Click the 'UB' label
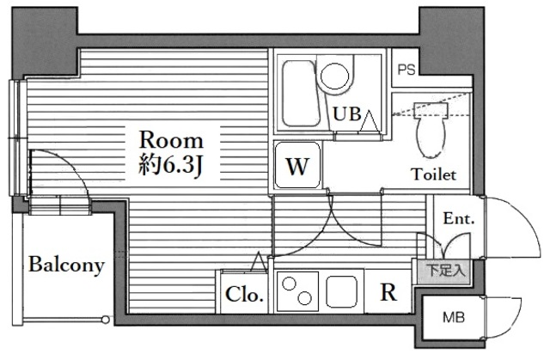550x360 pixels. click(x=347, y=113)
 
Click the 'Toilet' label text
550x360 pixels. click(x=432, y=174)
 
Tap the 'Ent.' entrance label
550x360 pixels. click(x=459, y=219)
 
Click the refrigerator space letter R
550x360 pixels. click(x=388, y=293)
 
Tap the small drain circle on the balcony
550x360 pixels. click(x=106, y=321)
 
